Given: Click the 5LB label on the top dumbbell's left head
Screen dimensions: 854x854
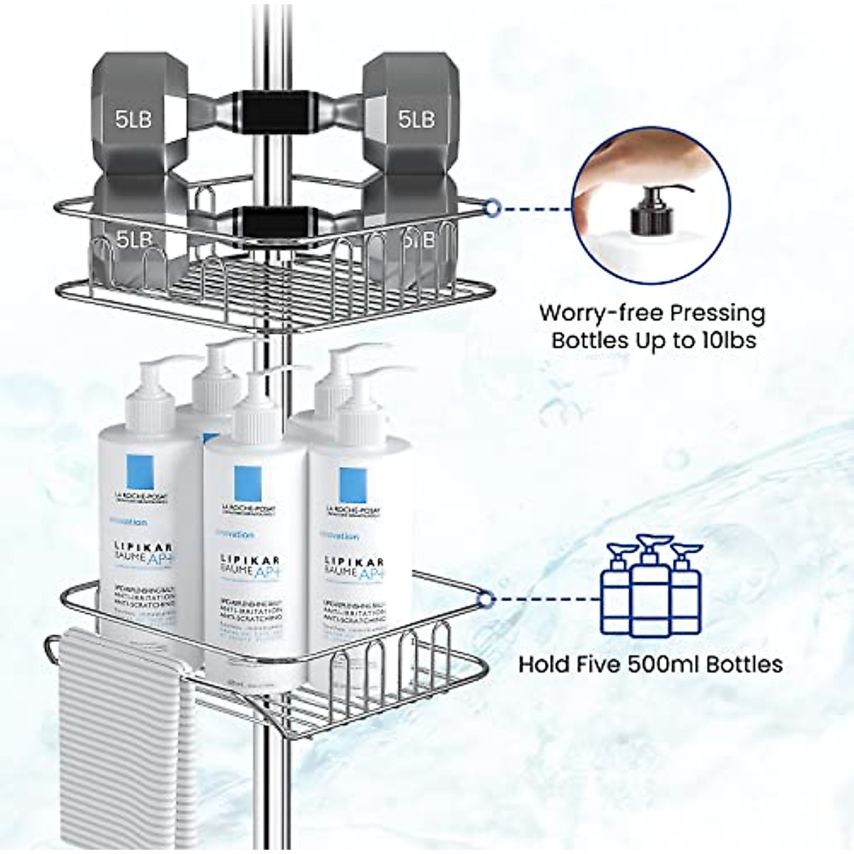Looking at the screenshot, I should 134,119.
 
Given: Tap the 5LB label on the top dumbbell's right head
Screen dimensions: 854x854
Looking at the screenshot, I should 416,119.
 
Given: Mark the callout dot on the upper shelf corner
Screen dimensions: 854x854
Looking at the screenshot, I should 490,208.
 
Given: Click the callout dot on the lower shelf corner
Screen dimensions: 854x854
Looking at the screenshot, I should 486,599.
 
